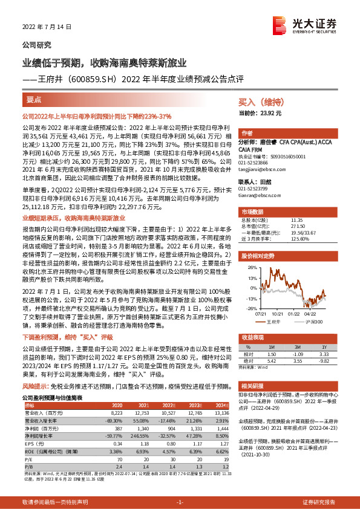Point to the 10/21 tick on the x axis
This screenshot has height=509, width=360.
pyautogui.click(x=277, y=314)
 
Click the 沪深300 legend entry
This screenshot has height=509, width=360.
pyautogui.click(x=315, y=321)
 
